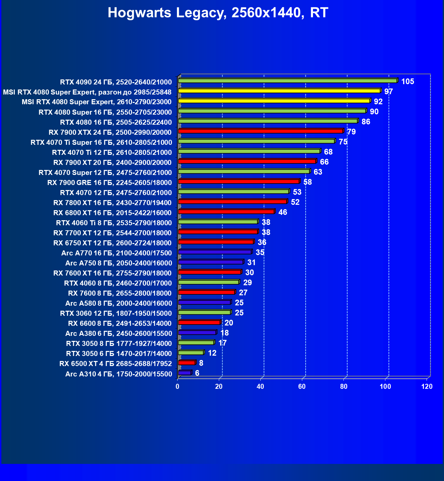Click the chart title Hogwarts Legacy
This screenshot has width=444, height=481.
[x=218, y=13]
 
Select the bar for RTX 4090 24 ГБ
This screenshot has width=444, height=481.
[x=288, y=81]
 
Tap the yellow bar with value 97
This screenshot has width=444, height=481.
[x=279, y=91]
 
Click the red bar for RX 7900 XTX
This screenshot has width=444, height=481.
[x=261, y=131]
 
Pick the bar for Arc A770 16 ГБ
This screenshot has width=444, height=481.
[x=215, y=252]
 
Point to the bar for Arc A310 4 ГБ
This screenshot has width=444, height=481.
[x=185, y=373]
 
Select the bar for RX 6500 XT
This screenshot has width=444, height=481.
[x=187, y=363]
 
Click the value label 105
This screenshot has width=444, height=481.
[x=407, y=81]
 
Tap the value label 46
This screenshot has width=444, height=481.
[x=282, y=212]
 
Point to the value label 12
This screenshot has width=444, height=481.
[x=212, y=353]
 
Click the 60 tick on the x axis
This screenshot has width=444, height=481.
[x=302, y=386]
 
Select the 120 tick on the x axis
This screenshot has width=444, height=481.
[x=427, y=386]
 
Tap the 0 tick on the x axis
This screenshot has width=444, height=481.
[x=178, y=386]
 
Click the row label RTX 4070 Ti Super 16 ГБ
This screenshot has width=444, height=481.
[x=101, y=142]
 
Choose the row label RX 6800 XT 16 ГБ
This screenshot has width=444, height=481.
[x=112, y=213]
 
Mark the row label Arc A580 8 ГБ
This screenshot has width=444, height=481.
[x=119, y=303]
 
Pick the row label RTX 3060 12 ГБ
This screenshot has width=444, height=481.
[x=116, y=313]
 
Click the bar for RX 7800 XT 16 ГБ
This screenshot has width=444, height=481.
[x=233, y=201]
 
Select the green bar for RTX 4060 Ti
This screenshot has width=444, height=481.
[x=218, y=222]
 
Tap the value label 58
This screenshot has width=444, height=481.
[x=307, y=182]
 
